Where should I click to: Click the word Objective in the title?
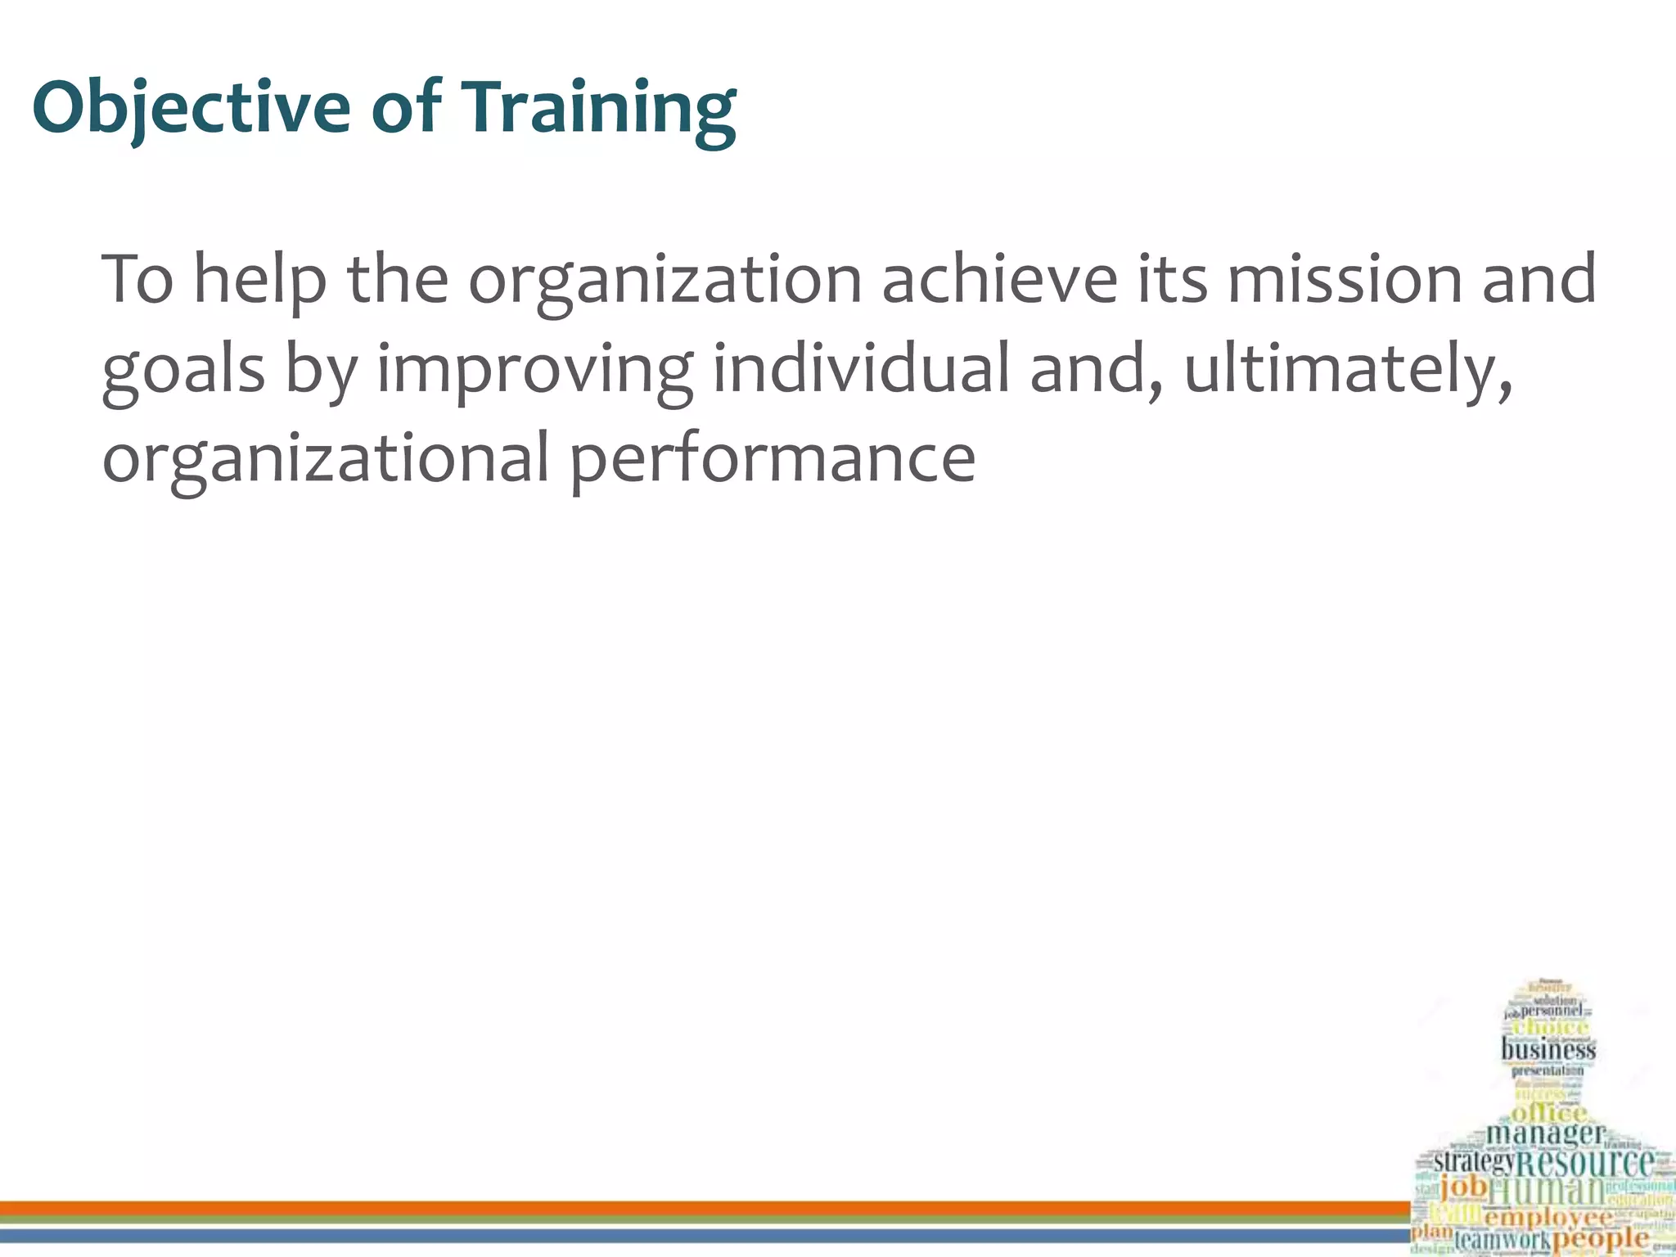pyautogui.click(x=191, y=107)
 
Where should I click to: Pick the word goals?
pyautogui.click(x=183, y=370)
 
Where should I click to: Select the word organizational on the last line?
pyautogui.click(x=325, y=458)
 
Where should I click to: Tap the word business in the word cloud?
pyautogui.click(x=1548, y=1050)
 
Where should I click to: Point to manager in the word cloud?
pyautogui.click(x=1544, y=1134)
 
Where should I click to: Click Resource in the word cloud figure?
pyautogui.click(x=1585, y=1163)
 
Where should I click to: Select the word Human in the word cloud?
pyautogui.click(x=1546, y=1191)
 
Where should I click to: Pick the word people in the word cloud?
pyautogui.click(x=1600, y=1238)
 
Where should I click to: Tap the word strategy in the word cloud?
pyautogui.click(x=1473, y=1162)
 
